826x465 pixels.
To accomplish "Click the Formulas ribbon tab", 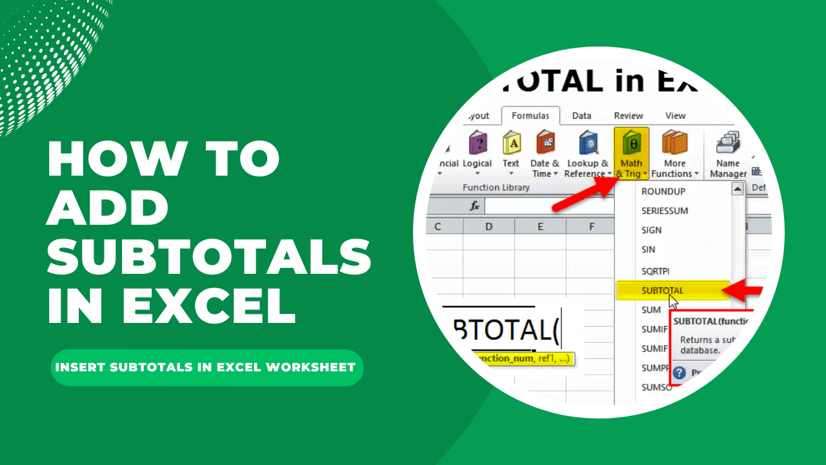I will coord(530,116).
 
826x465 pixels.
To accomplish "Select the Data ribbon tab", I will coord(581,116).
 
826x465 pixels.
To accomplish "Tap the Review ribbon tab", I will coord(628,116).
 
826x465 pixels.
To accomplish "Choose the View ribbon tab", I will coord(675,116).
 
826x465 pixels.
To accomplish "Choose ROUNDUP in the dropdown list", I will coord(663,191).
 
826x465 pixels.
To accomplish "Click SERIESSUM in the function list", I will coord(665,211).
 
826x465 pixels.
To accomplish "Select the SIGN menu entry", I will coord(652,230).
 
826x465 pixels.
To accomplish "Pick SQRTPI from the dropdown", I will coord(656,271).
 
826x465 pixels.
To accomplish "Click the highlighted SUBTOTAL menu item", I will coord(663,291).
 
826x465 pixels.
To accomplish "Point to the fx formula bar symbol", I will coord(474,206).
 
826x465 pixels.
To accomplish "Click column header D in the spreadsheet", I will coord(489,227).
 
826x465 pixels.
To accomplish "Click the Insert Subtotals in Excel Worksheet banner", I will coord(206,367).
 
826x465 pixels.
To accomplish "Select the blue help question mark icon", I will coord(679,373).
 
